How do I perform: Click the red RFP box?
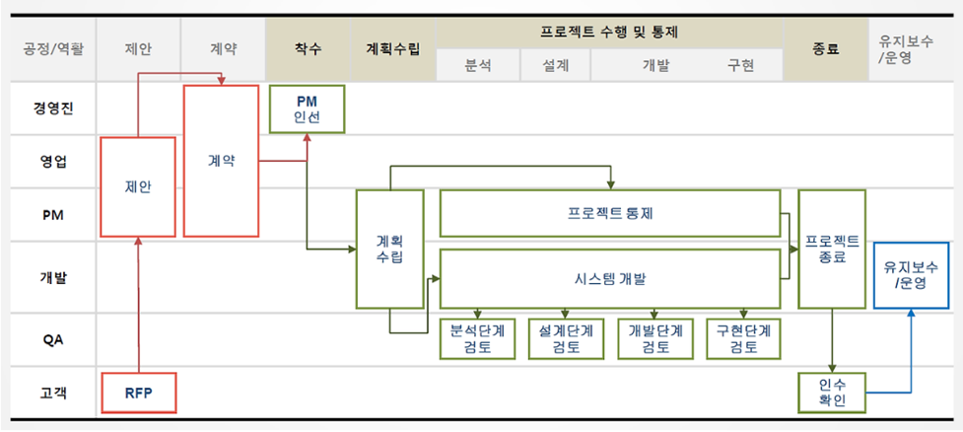pos(138,393)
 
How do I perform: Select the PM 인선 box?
pos(308,108)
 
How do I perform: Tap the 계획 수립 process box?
pos(389,249)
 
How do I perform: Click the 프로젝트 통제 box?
pos(610,213)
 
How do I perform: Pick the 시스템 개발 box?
pos(610,278)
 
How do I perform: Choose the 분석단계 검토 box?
pos(476,338)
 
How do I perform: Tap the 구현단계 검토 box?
pos(744,338)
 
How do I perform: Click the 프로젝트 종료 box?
pos(831,249)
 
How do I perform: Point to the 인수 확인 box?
pos(831,393)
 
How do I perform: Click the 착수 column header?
pos(308,47)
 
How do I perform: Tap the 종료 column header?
pos(826,47)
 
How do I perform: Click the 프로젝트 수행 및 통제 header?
pos(609,32)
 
